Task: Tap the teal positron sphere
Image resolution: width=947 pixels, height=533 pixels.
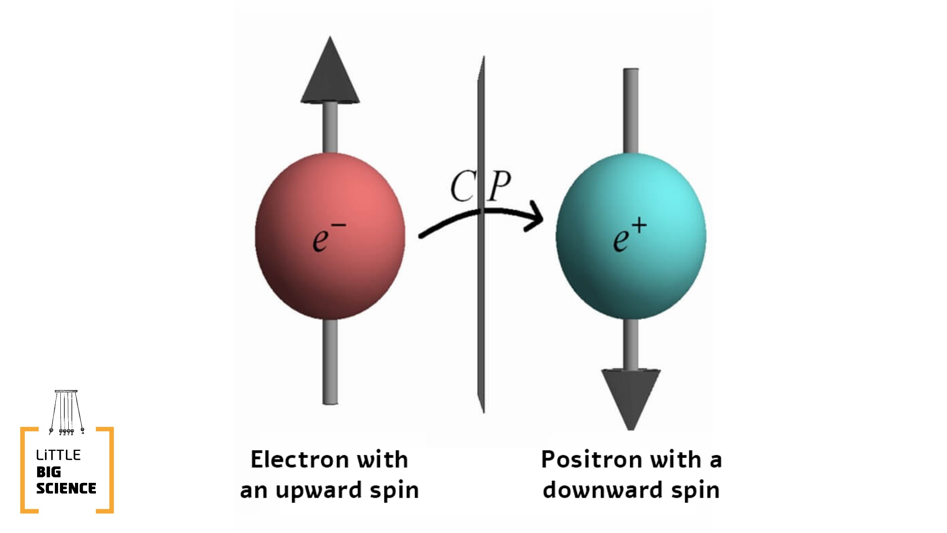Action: pyautogui.click(x=631, y=272)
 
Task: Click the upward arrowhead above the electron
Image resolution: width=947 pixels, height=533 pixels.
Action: pyautogui.click(x=330, y=75)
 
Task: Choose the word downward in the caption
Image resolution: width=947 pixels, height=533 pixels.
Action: pyautogui.click(x=602, y=490)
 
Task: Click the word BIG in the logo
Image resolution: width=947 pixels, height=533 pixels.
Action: pyautogui.click(x=49, y=472)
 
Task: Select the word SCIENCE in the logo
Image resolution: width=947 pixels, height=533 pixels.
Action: pyautogui.click(x=66, y=488)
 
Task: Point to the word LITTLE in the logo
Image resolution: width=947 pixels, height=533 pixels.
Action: pyautogui.click(x=58, y=455)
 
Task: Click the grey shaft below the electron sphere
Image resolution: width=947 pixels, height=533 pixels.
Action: pyautogui.click(x=330, y=361)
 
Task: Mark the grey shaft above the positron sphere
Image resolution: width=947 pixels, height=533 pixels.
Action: pyautogui.click(x=631, y=111)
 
